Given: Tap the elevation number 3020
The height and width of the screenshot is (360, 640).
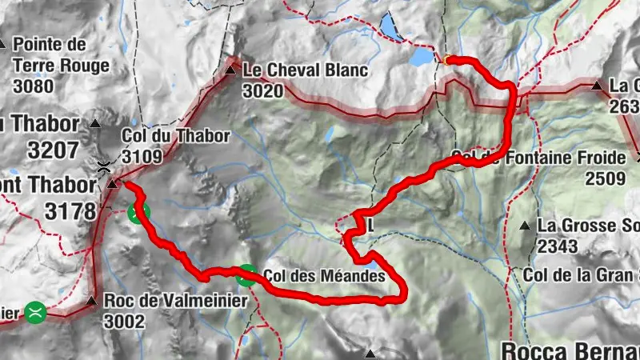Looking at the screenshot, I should coord(262,91).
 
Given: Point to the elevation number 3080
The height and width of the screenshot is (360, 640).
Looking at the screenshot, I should coord(33,85).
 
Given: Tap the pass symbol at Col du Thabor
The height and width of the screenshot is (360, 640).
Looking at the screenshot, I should coord(103,167).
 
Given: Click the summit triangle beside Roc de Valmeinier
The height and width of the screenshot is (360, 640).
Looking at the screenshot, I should coord(90,303).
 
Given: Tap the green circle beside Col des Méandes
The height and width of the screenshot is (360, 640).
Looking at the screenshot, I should coord(246,275).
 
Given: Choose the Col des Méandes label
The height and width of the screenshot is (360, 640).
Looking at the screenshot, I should coord(330,274).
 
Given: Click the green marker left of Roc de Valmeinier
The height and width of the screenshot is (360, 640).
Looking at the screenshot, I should coord(35,310).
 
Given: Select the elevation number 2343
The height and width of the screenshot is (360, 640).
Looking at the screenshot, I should coord(558,246).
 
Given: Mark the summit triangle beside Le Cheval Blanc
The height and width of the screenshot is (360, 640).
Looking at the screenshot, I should coord(231,71).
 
